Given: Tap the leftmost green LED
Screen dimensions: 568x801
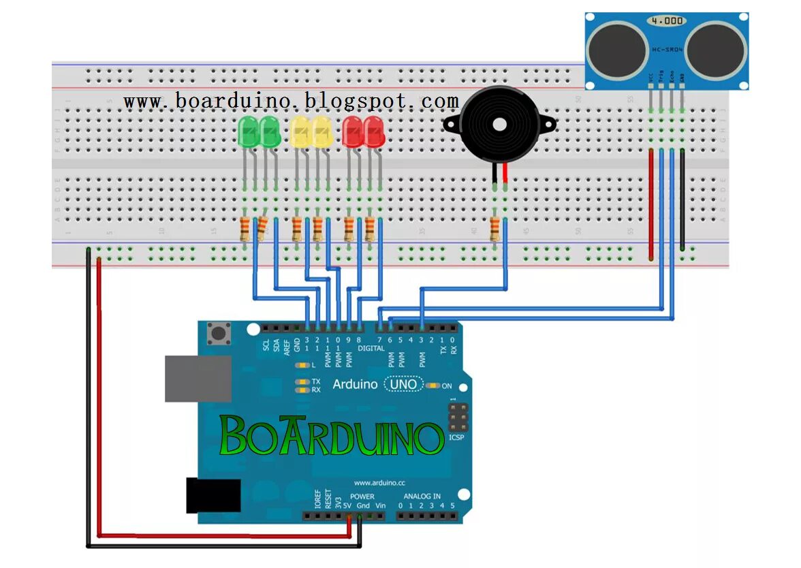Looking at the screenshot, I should coord(249,131).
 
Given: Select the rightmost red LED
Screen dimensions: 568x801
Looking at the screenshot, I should coord(374,131).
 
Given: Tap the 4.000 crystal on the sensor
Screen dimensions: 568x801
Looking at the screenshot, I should coord(665,21).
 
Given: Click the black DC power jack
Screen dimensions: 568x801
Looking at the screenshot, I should coord(213,495).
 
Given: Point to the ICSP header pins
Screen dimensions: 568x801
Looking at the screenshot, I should coord(458,415).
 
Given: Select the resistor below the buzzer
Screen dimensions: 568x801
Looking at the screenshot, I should coord(495,230).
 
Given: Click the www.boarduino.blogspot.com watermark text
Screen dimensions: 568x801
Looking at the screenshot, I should coord(291,101).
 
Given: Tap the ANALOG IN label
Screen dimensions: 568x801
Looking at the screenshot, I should coord(422,496).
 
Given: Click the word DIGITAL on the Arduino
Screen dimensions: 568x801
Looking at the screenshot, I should coord(371,348).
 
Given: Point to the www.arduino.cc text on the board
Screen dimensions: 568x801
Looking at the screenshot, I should coord(380,482).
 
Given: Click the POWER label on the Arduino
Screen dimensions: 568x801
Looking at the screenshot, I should coord(362,496).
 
